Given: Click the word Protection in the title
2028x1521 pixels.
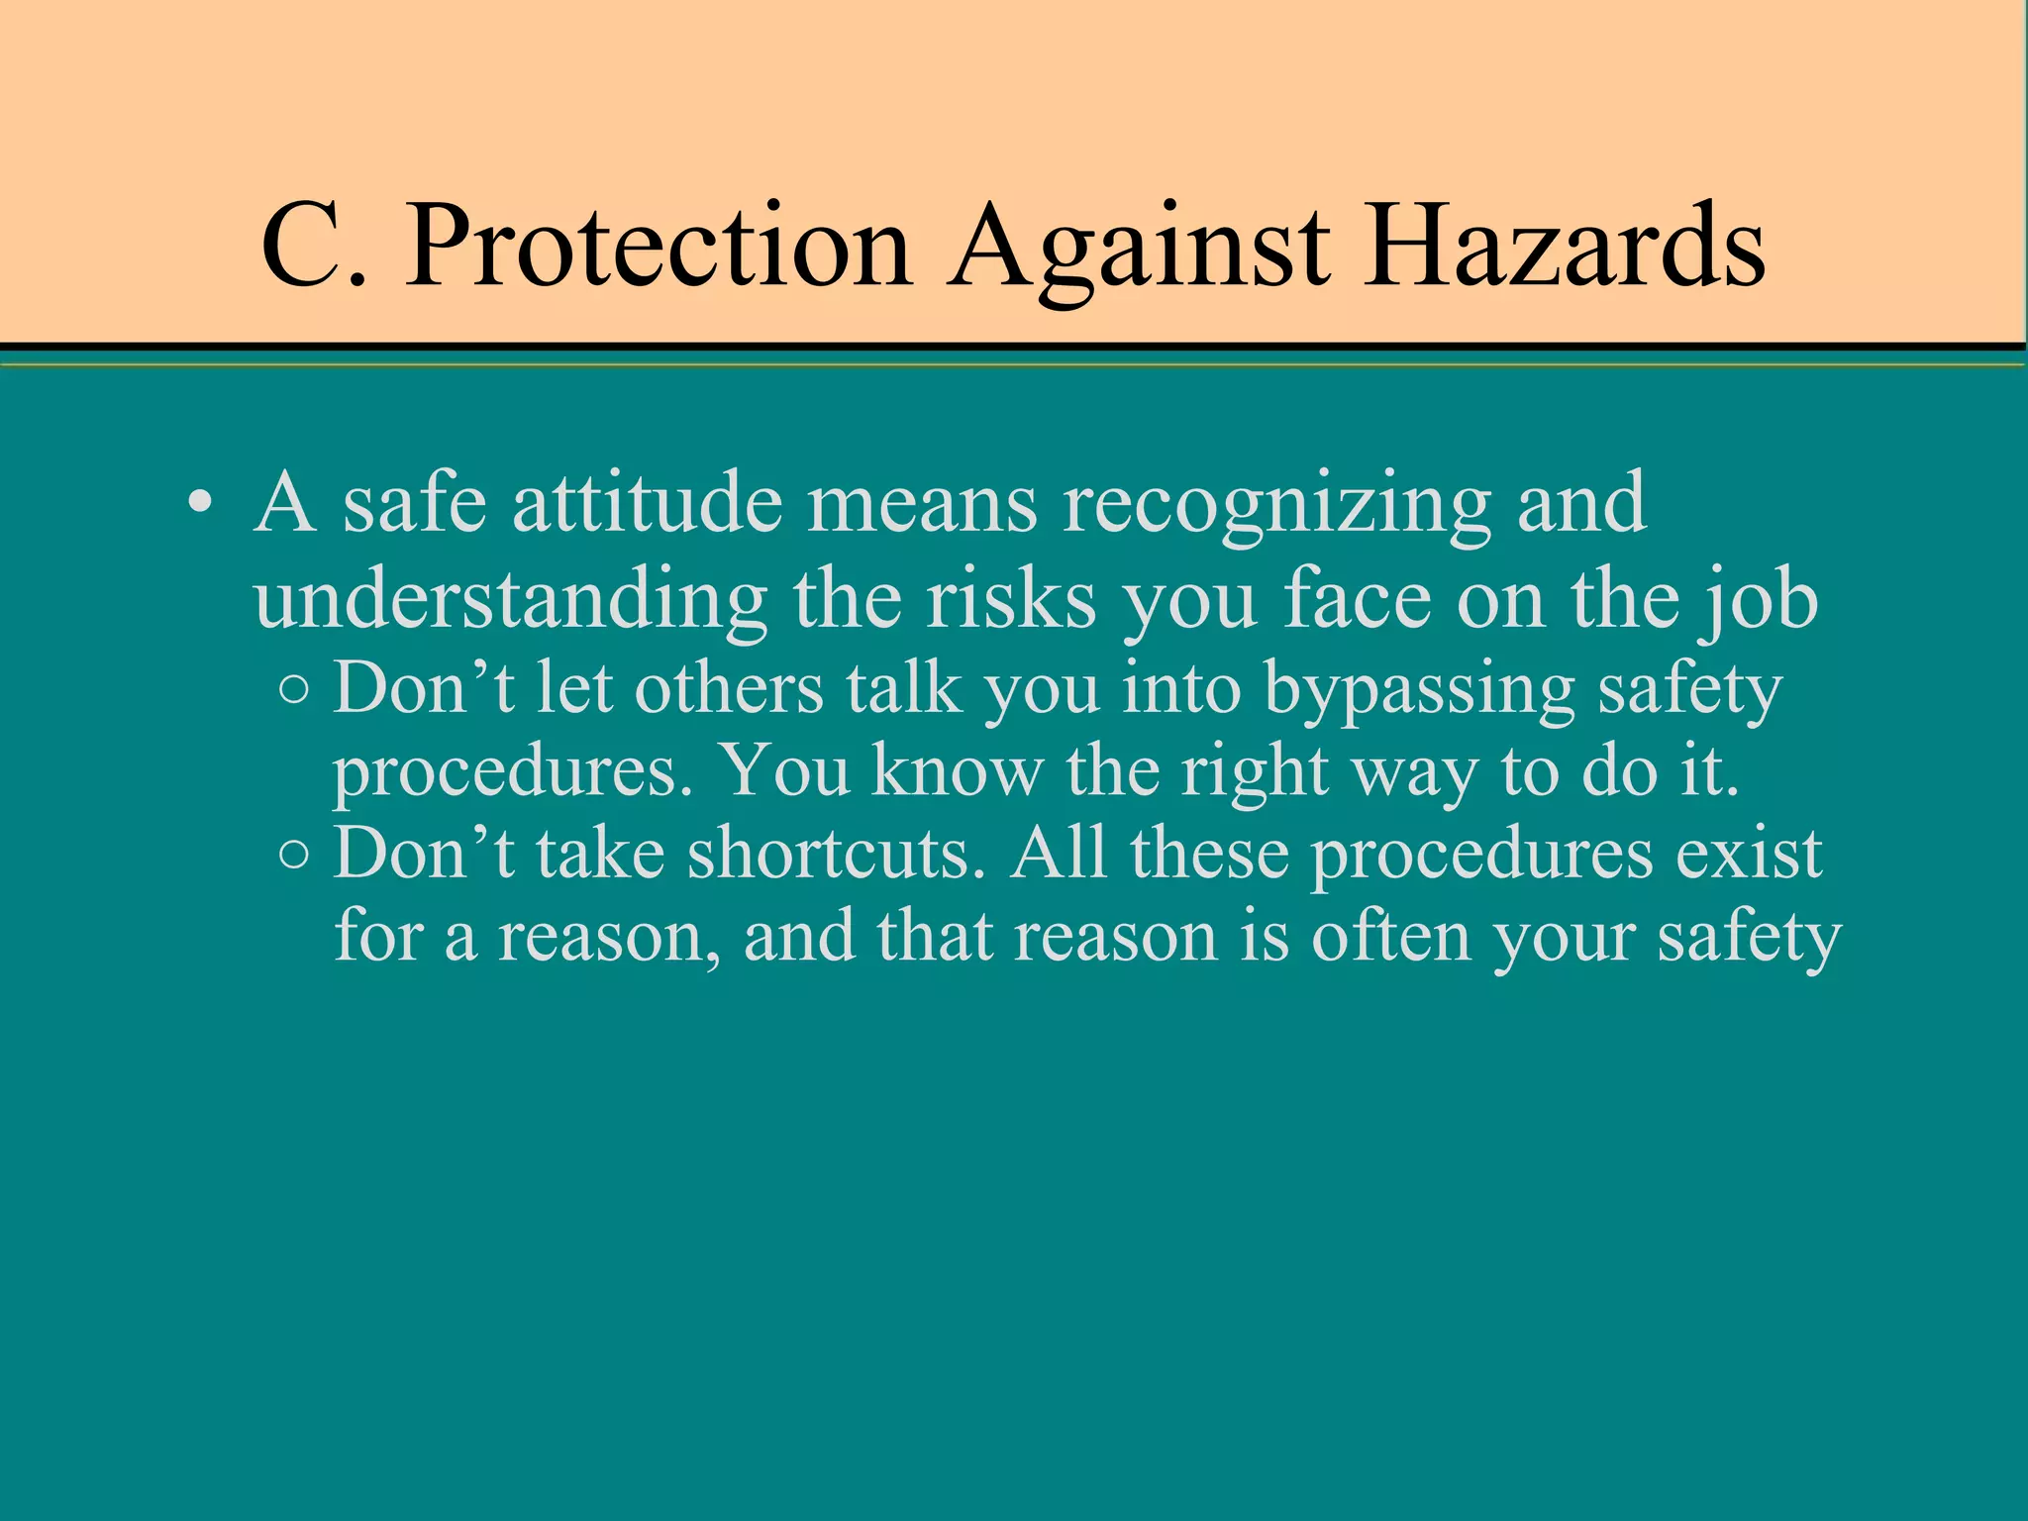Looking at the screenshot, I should pyautogui.click(x=658, y=246).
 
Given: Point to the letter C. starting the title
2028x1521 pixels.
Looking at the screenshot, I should pyautogui.click(x=313, y=246).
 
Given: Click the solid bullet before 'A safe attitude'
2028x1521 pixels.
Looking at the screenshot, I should pyautogui.click(x=200, y=503).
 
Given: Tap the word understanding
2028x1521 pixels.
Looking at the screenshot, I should pyautogui.click(x=510, y=602).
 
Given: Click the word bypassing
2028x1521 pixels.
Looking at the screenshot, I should pyautogui.click(x=1419, y=691).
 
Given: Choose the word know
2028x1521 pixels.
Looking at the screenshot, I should pyautogui.click(x=957, y=770).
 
